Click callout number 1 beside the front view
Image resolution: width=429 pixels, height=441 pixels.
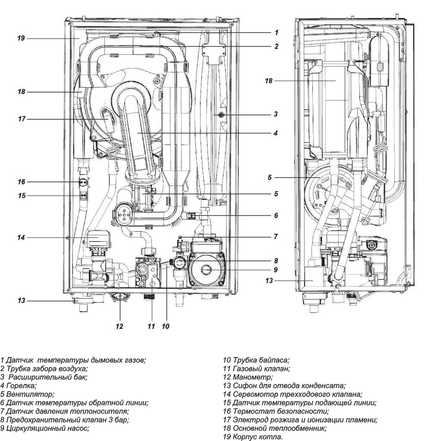pos(277,32)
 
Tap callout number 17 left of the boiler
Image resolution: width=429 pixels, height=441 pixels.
pos(21,119)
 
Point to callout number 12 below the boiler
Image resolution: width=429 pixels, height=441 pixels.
pos(119,326)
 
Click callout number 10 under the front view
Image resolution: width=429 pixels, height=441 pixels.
pos(166,326)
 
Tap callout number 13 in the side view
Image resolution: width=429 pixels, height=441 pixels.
pos(269,281)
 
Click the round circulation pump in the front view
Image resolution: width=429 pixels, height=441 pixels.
pos(206,269)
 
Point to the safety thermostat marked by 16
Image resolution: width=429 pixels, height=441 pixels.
pos(84,182)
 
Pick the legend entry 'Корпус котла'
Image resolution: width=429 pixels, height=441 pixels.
pos(253,437)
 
